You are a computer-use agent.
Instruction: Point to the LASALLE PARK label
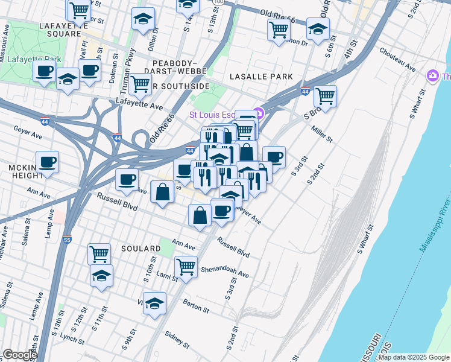click(261, 77)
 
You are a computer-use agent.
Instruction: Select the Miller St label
click(321, 135)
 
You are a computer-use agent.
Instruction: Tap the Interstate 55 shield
click(67, 239)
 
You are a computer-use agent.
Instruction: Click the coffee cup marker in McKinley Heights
click(47, 162)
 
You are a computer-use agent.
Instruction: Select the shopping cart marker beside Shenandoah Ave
click(186, 265)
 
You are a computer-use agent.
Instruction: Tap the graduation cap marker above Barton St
click(155, 305)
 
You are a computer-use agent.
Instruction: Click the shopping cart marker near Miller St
click(325, 96)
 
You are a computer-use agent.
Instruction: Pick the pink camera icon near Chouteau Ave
click(432, 75)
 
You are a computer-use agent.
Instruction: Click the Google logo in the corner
click(20, 355)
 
